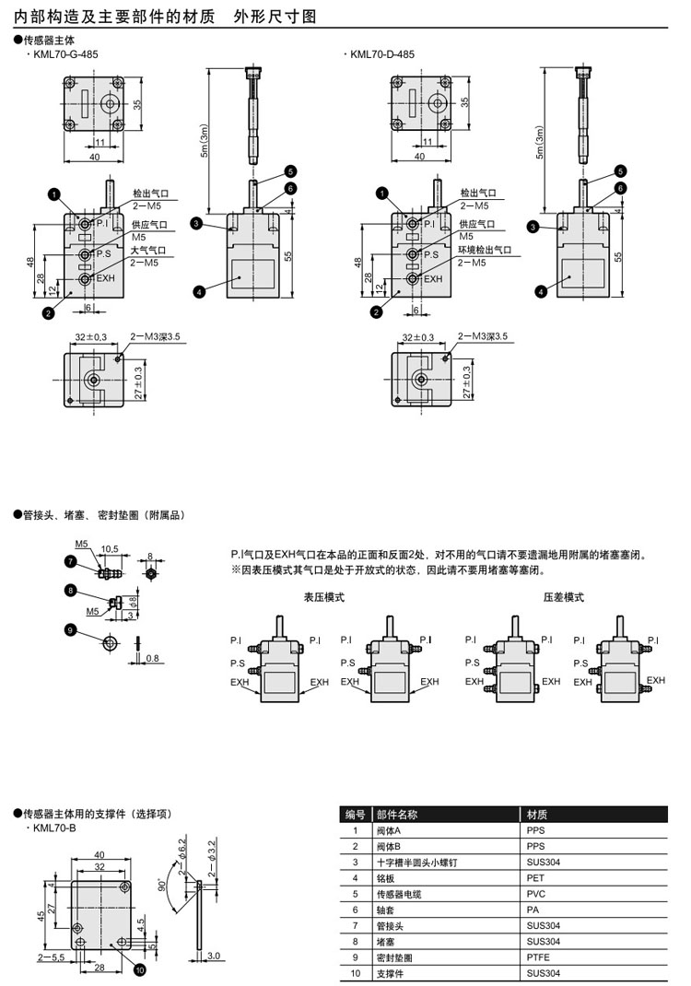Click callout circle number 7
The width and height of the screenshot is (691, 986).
[x=70, y=561]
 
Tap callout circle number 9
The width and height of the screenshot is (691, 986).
[x=70, y=629]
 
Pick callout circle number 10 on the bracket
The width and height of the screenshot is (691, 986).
[x=139, y=969]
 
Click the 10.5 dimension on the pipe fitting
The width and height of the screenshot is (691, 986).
[x=110, y=549]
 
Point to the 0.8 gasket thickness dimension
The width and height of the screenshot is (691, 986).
[x=152, y=658]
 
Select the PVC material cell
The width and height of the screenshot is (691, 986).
[x=535, y=894]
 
